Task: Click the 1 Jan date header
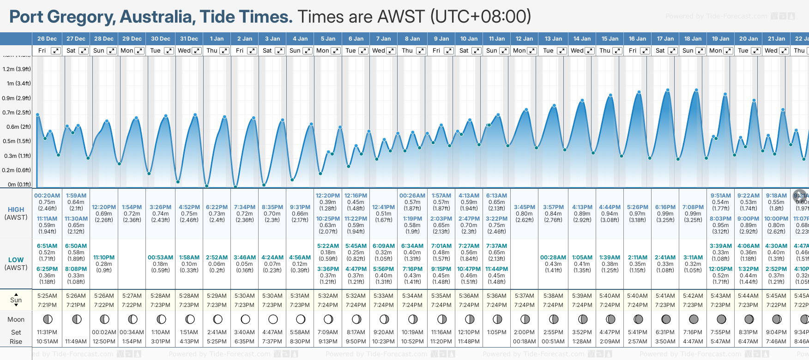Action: pos(217,39)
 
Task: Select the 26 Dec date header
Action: pos(47,39)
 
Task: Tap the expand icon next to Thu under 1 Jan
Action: pos(224,51)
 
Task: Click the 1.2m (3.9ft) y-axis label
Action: pos(17,69)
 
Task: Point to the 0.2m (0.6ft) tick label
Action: pos(17,170)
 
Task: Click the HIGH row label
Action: pos(16,210)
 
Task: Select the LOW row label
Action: pos(16,260)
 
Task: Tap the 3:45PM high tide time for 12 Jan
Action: pos(525,207)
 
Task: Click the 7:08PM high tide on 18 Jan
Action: pos(693,207)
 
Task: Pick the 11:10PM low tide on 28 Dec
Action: pos(104,258)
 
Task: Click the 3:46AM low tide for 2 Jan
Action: pos(245,258)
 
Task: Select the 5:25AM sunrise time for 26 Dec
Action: pos(47,296)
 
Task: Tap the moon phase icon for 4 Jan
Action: pos(301,319)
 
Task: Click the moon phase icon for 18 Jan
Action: pos(694,319)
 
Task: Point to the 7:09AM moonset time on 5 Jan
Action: pos(328,332)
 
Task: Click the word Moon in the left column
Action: pos(16,319)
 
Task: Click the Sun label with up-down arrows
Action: pos(16,300)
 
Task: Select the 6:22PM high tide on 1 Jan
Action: pos(217,207)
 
